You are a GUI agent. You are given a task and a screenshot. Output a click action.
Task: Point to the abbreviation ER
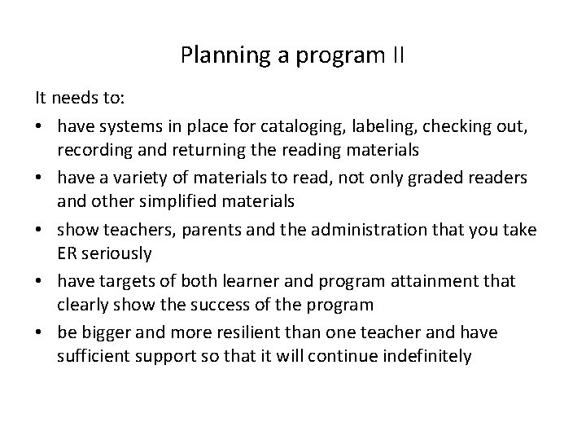point(68,253)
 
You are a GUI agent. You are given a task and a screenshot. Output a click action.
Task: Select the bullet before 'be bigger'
point(39,333)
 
